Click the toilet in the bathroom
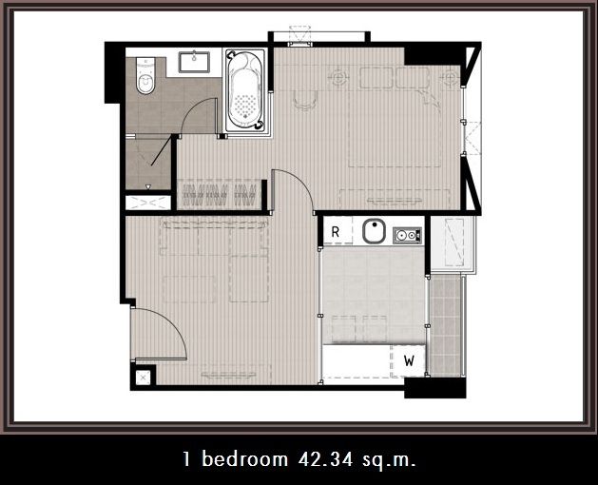[x=145, y=75]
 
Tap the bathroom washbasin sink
[x=194, y=62]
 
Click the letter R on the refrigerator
[x=336, y=232]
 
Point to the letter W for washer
[x=409, y=360]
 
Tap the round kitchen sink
[x=374, y=231]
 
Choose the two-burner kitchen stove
[x=407, y=235]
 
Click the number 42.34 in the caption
[x=326, y=459]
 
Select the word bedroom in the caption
[x=245, y=458]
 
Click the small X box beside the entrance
[x=144, y=378]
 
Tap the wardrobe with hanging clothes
[x=220, y=195]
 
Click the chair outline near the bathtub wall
[x=305, y=101]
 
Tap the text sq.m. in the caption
[x=389, y=460]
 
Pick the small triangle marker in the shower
[x=148, y=186]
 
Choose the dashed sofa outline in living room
[x=214, y=238]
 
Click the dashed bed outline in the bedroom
[x=395, y=118]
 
